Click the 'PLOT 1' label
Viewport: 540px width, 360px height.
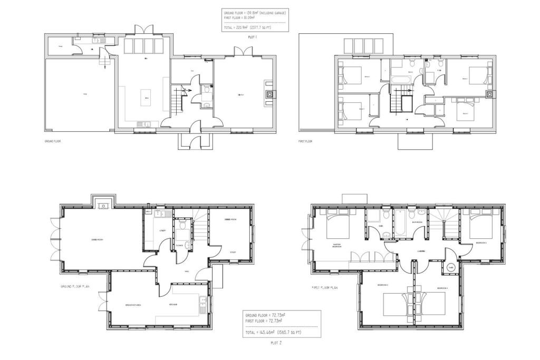pos(252,37)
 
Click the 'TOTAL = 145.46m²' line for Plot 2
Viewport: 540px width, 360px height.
pos(273,333)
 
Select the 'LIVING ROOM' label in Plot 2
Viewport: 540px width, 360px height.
pos(96,240)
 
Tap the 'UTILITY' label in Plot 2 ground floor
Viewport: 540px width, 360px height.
pos(163,230)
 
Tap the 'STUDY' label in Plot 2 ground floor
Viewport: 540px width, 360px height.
pos(233,252)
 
